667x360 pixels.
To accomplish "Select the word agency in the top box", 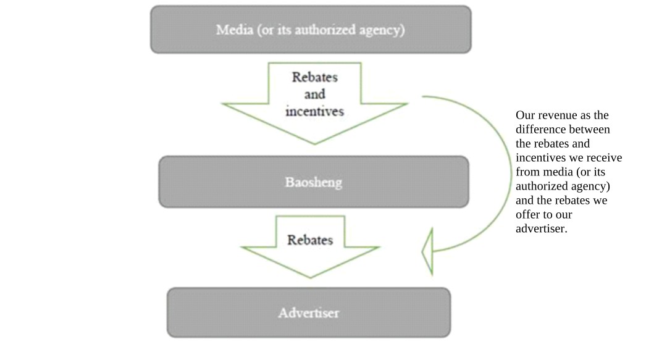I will (382, 30).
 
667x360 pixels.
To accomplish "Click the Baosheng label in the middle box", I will (314, 183).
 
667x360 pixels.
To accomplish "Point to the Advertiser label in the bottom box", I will (308, 312).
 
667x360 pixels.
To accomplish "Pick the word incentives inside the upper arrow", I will (314, 112).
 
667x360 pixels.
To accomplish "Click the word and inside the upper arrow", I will (314, 94).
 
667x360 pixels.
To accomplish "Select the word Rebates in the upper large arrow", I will (315, 78).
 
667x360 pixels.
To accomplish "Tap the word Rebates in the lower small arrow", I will (310, 240).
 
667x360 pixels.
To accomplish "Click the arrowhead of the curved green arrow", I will (427, 251).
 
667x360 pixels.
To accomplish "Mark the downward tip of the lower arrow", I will (310, 276).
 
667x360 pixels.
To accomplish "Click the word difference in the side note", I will (540, 130).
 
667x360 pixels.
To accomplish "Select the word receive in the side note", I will (605, 158).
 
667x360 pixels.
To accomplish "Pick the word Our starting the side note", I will (525, 115).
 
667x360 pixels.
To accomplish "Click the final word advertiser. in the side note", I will (541, 229).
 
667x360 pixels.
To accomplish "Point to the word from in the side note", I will (527, 172).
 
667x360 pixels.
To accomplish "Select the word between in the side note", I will (589, 130).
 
